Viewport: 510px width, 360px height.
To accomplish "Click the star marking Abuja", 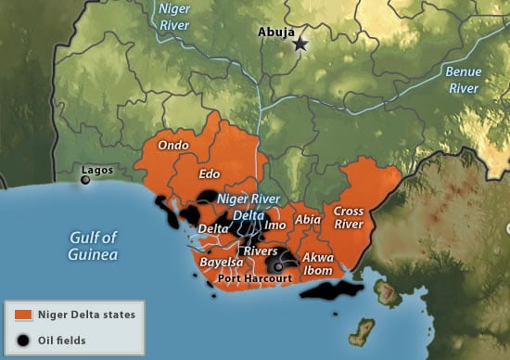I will [300, 44].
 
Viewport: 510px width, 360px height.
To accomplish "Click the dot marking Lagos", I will [85, 180].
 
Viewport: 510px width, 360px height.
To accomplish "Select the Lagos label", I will [97, 170].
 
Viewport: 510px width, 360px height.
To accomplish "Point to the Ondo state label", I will [173, 145].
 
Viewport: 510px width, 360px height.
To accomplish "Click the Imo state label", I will [275, 225].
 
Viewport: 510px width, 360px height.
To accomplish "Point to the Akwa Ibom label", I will [318, 264].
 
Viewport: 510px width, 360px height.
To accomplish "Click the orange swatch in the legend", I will [24, 315].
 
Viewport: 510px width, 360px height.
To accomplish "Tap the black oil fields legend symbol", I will [24, 339].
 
